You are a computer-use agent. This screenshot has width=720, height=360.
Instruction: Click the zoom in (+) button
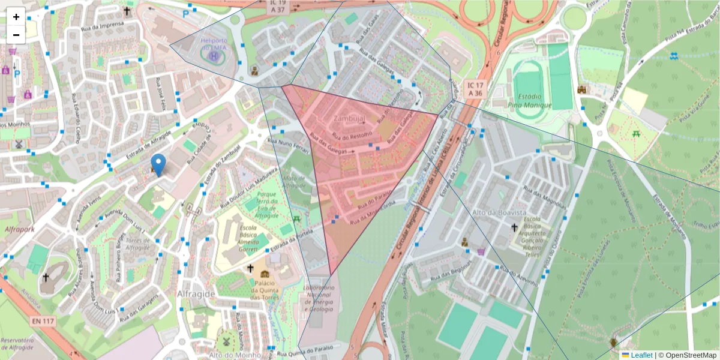[x=16, y=17]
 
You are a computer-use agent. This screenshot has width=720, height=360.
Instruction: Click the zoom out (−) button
[x=16, y=35]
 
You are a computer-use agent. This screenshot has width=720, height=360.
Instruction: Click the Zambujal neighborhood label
[x=350, y=118]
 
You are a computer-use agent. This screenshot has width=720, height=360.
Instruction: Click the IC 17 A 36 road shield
[x=475, y=89]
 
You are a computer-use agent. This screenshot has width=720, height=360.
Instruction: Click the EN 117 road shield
[x=43, y=321]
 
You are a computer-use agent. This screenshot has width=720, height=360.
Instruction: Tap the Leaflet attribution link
[x=641, y=355]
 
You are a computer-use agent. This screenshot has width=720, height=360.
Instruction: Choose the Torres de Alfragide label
[x=137, y=244]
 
